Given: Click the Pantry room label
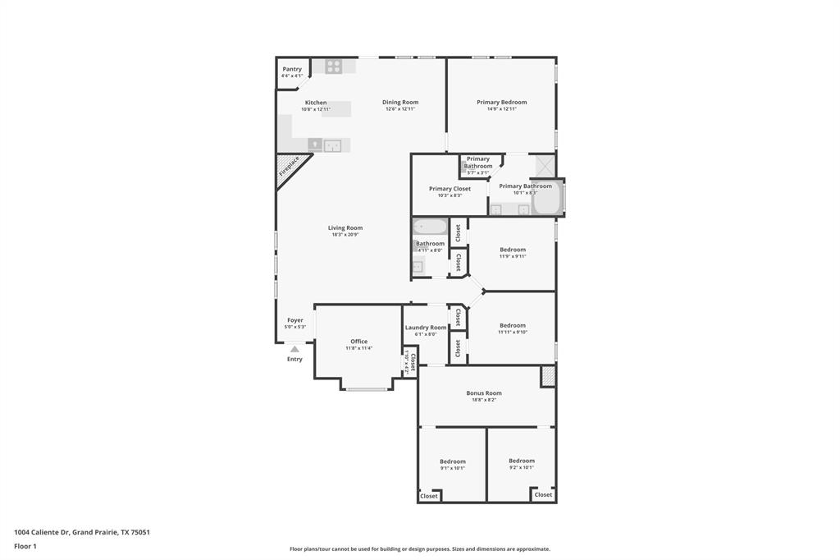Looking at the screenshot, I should [292, 69].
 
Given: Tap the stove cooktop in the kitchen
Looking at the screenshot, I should [333, 67].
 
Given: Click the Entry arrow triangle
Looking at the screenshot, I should [294, 349].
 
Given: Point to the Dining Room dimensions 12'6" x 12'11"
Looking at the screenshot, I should [399, 108].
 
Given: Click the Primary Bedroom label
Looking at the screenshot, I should [501, 102].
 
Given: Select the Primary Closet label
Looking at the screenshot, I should [450, 188].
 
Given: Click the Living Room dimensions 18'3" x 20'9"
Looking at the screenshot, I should [345, 235].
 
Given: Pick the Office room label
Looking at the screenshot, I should [358, 341].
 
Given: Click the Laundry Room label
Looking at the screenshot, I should [426, 327].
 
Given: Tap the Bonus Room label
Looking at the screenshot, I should [484, 392].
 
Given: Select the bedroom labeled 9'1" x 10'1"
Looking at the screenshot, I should [452, 461].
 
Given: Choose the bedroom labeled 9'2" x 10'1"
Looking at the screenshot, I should [521, 461].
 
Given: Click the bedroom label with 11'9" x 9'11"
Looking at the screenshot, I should [513, 249].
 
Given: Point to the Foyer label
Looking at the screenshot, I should [294, 320].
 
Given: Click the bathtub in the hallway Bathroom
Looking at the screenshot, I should [430, 227].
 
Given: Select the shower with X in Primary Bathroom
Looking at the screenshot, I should [545, 165].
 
